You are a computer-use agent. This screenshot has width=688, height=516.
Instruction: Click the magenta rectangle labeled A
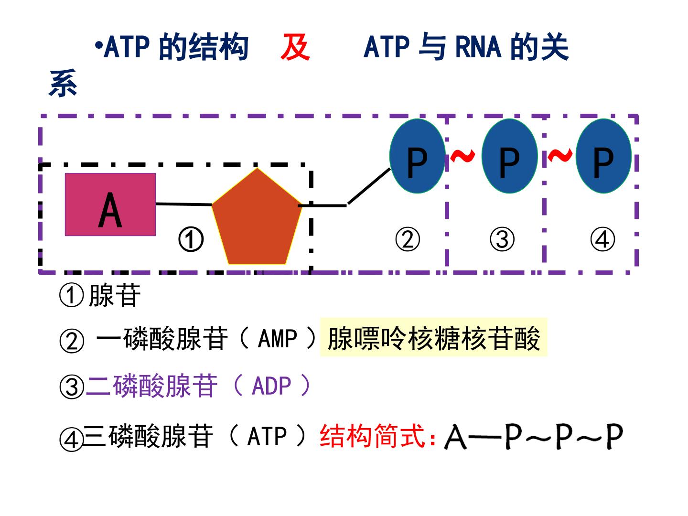point(110,204)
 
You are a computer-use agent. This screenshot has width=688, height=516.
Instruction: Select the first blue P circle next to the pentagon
point(417,156)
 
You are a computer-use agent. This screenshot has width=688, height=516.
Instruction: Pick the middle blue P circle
point(509,156)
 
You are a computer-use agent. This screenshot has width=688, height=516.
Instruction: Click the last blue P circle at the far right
point(603,156)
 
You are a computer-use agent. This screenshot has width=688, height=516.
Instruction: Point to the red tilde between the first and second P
point(462,155)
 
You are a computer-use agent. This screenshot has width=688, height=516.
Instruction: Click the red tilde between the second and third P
point(559,155)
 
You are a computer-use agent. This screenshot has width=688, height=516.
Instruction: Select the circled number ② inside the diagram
point(408,239)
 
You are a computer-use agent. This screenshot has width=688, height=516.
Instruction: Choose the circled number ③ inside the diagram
point(502,239)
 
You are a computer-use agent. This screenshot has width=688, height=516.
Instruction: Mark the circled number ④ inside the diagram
point(602,239)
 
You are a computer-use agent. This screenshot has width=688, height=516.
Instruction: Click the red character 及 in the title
point(295,47)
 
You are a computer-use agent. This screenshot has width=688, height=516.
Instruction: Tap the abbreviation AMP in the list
point(277,339)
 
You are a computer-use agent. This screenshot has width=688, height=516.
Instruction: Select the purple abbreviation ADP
point(271,386)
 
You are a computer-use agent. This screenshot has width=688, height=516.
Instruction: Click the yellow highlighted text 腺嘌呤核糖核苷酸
point(433,338)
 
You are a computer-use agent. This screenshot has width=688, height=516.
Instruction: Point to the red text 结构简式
point(373,436)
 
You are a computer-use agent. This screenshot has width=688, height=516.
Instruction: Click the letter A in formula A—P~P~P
point(455,437)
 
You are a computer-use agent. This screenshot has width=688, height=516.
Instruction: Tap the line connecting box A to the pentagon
point(184,204)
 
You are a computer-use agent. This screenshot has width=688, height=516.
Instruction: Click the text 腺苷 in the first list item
point(115,295)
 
